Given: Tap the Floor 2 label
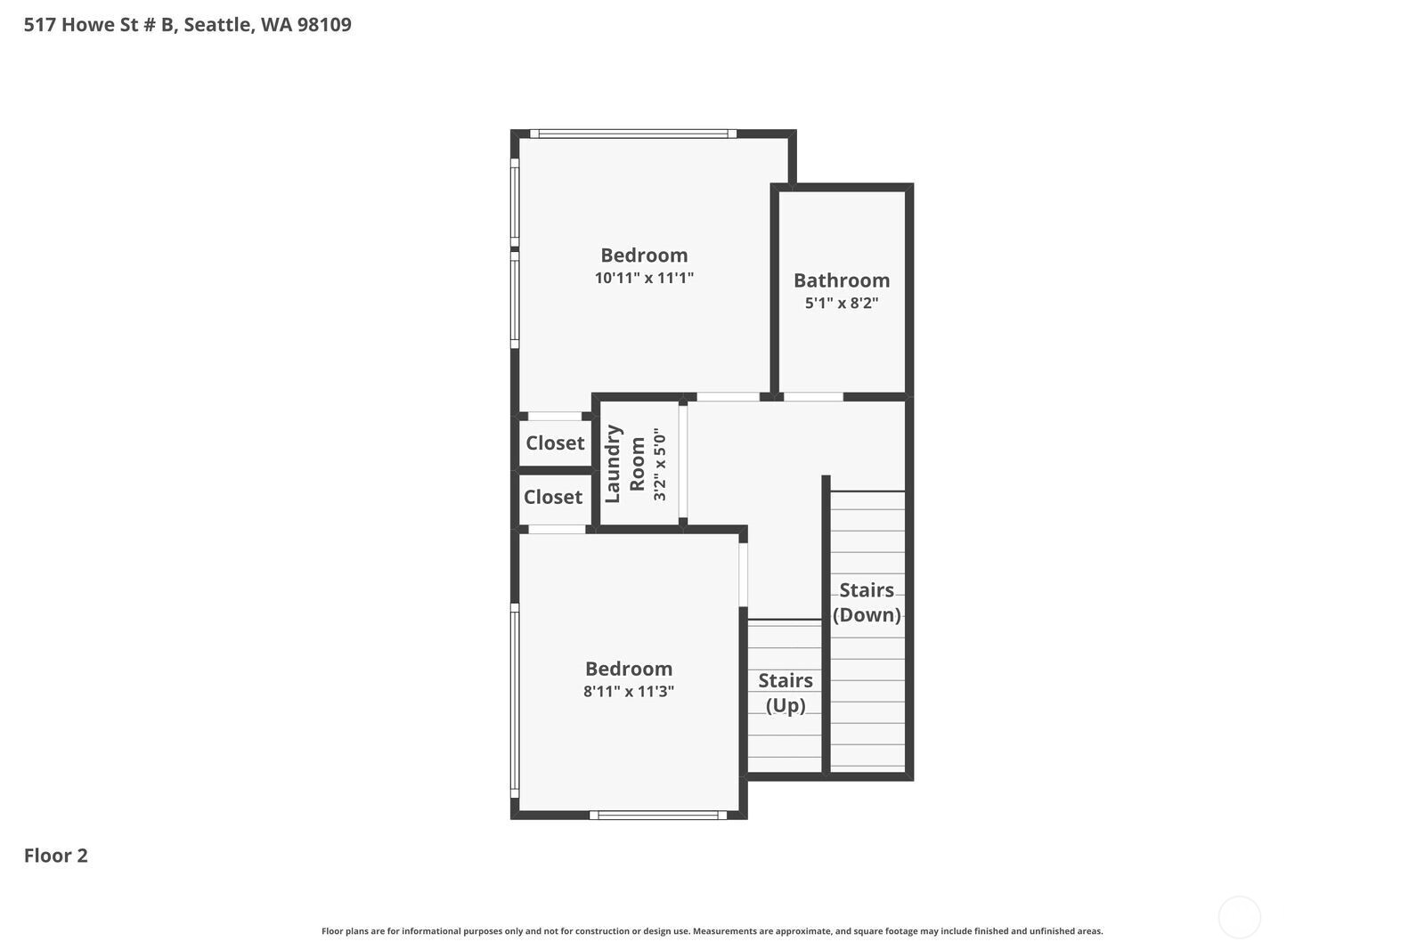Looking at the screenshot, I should (x=55, y=856).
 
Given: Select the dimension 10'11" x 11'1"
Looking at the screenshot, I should (x=644, y=278).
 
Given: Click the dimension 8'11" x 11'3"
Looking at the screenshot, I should (x=629, y=692).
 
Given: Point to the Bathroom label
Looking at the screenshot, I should (x=842, y=280).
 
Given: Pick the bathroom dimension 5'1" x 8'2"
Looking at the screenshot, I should (x=842, y=303).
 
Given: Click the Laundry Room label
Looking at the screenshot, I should (x=625, y=464).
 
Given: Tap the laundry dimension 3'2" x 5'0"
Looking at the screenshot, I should (x=659, y=465).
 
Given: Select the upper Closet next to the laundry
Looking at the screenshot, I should (x=555, y=443).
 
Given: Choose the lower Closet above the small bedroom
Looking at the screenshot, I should (x=553, y=497).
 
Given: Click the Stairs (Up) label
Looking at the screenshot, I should (x=785, y=693).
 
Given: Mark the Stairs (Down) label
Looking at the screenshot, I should (x=867, y=602).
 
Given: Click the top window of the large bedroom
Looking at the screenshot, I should (x=633, y=134).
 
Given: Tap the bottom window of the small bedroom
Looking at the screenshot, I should (x=657, y=815).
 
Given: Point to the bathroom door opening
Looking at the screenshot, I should (x=813, y=397).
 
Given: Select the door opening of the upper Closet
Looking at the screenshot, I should (x=555, y=416).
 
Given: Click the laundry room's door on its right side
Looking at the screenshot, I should (x=683, y=463).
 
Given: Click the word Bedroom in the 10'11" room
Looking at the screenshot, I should (x=644, y=256).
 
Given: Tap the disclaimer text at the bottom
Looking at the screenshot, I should (x=712, y=931).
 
